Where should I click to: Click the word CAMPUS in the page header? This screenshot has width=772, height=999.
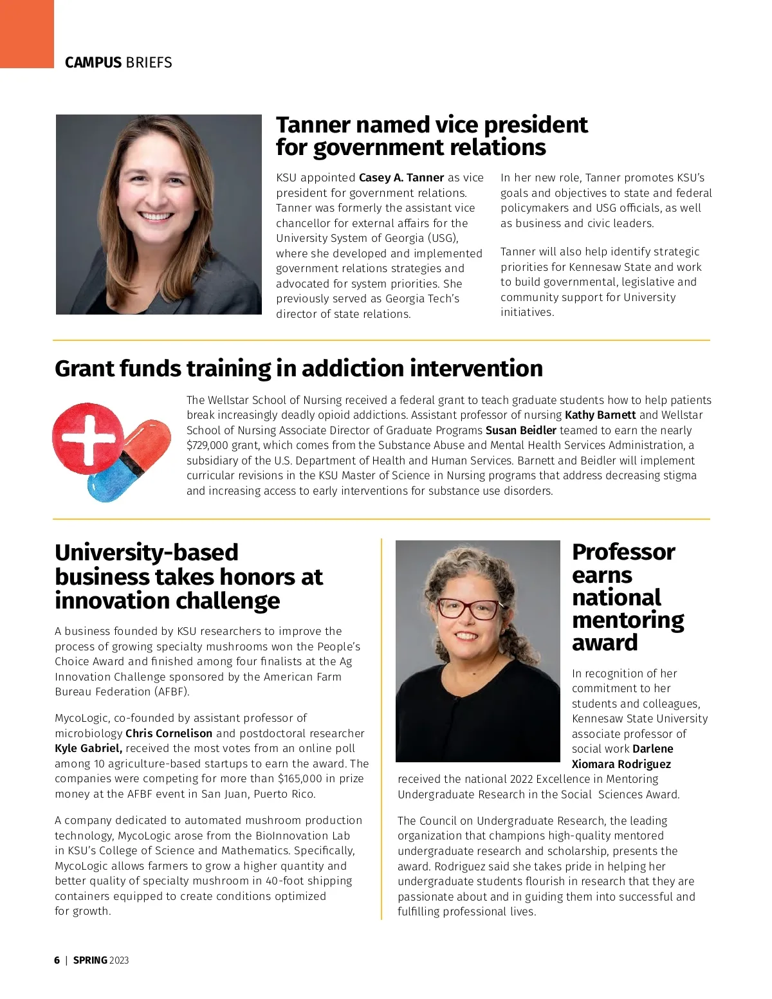pyautogui.click(x=93, y=63)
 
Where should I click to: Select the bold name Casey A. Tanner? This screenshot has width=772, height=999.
pyautogui.click(x=401, y=178)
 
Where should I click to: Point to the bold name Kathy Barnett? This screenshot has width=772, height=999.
pyautogui.click(x=600, y=415)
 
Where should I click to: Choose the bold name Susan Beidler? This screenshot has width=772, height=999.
pyautogui.click(x=521, y=430)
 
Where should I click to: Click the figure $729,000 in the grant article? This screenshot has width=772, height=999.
pyautogui.click(x=207, y=445)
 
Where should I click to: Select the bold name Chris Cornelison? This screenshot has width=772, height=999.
pyautogui.click(x=169, y=733)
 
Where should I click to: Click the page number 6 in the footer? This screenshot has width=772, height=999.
pyautogui.click(x=57, y=960)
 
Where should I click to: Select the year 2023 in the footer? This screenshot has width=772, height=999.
pyautogui.click(x=119, y=960)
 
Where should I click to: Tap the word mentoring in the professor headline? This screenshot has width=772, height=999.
pyautogui.click(x=627, y=620)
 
